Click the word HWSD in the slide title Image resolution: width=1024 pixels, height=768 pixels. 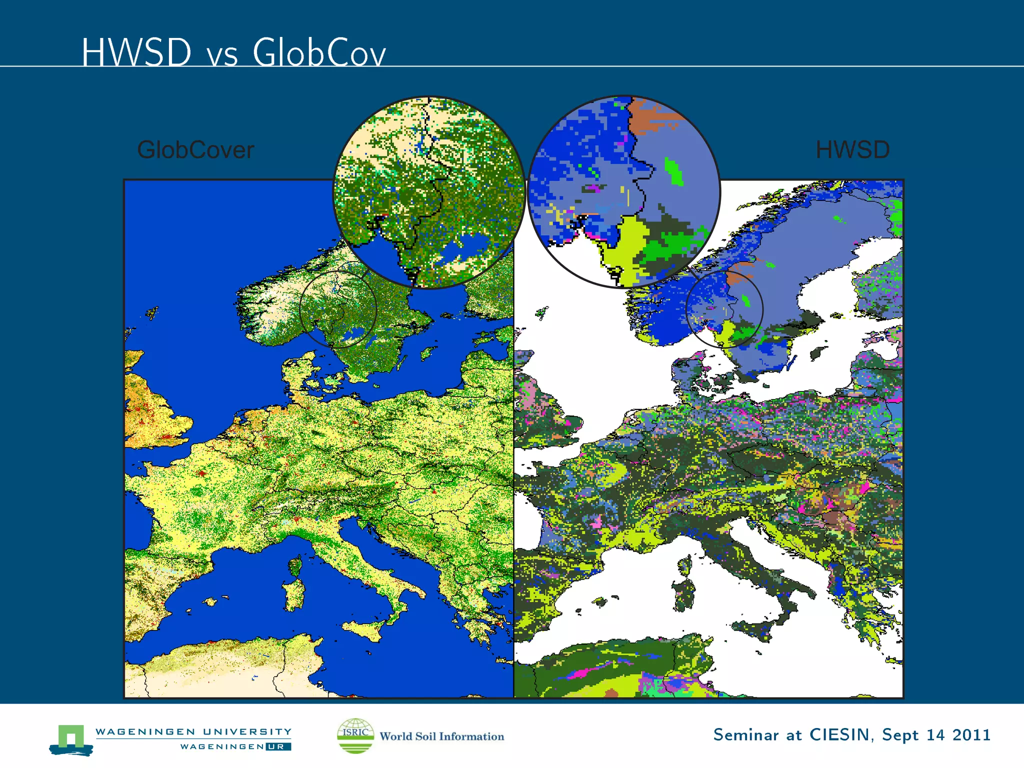click(136, 52)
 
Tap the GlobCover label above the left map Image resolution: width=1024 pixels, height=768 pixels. click(195, 150)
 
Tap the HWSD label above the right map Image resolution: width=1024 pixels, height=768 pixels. click(852, 150)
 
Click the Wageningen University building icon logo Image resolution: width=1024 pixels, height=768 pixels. click(71, 739)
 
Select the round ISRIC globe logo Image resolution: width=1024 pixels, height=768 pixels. click(355, 735)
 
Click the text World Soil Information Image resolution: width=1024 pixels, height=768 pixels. click(442, 736)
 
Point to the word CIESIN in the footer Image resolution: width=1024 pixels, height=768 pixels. click(841, 734)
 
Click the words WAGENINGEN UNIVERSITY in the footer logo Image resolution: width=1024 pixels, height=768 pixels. click(193, 731)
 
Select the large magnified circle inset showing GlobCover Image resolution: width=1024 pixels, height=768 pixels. click(429, 192)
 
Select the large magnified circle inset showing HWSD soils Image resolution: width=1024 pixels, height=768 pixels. click(623, 192)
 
